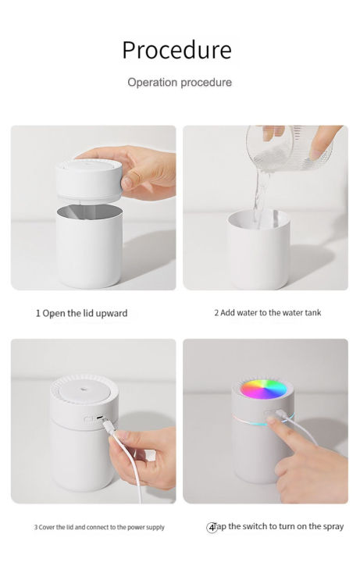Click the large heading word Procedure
[176, 50]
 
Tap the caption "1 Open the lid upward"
[81, 313]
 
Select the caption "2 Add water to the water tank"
[268, 313]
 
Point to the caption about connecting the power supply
[99, 527]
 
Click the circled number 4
[212, 528]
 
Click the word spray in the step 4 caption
[333, 527]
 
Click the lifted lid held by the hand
[89, 180]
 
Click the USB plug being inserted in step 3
[109, 426]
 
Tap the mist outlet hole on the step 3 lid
[84, 388]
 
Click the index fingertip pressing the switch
[272, 419]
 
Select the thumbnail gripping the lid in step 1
[127, 183]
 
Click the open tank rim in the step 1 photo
[89, 212]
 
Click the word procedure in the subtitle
[206, 83]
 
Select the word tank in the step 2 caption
[313, 313]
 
